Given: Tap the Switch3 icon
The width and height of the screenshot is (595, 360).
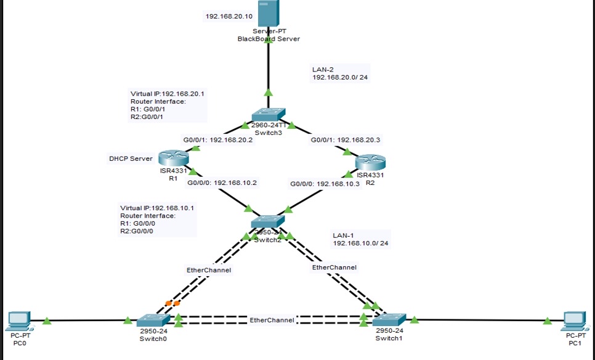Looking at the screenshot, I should pos(268,115).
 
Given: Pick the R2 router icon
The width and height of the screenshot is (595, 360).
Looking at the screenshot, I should pos(370,163).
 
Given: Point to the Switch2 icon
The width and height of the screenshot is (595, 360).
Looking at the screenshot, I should pos(267,221).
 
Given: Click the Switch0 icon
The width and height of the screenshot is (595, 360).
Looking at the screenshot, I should pos(153,321).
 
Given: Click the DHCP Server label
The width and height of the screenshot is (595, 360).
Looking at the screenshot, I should pos(131,159).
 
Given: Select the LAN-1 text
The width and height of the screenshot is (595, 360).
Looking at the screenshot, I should pos(343,235).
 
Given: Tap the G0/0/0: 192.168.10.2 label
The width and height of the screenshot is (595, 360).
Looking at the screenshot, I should pos(222,182).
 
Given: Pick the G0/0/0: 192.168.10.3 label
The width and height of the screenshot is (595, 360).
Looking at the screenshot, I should pos(325,184).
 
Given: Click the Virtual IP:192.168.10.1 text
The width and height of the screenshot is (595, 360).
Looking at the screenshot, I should pos(157,208).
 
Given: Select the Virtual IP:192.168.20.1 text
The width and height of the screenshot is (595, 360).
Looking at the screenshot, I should pos(167,94).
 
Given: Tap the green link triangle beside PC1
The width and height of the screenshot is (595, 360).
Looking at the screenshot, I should pos(547,321).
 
